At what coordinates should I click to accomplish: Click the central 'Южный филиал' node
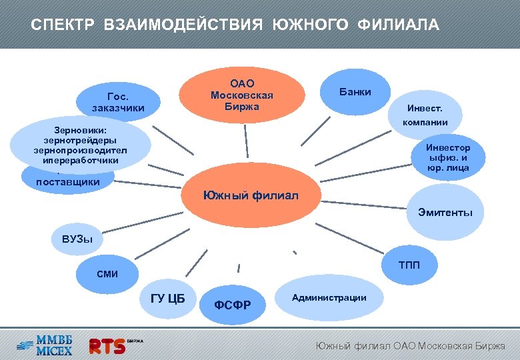[x=250, y=195]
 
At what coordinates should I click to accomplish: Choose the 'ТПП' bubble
[x=409, y=266]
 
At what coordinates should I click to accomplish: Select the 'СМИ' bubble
[x=107, y=274]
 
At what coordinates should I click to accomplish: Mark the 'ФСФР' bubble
[x=233, y=305]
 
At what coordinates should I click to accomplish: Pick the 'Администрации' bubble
[x=329, y=297]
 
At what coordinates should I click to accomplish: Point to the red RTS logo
[x=107, y=345]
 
